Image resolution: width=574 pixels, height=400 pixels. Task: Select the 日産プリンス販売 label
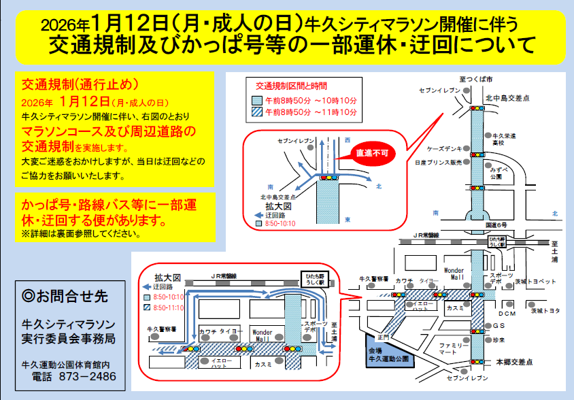(x=438, y=163)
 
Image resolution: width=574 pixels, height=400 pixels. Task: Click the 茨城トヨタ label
(x=545, y=310)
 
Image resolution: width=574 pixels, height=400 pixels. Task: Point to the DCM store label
(x=507, y=314)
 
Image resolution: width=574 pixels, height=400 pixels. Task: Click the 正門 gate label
(x=382, y=336)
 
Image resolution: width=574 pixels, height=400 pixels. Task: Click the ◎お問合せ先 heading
(x=65, y=297)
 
